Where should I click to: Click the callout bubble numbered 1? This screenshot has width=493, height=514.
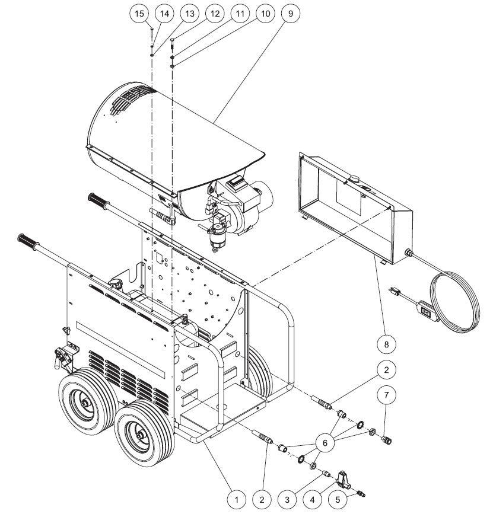click(x=237, y=500)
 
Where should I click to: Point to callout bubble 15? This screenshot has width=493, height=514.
click(x=140, y=13)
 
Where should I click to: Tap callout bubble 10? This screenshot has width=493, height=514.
click(x=264, y=13)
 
